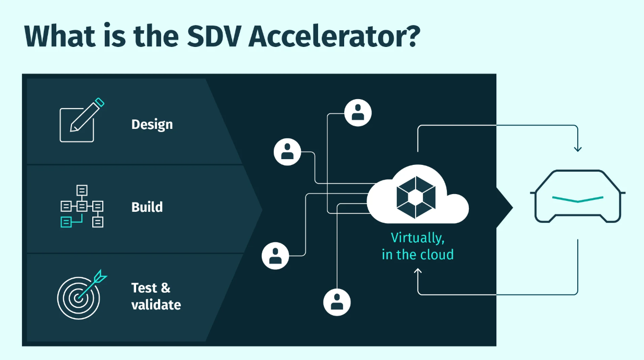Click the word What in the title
(x=60, y=36)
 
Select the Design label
(x=152, y=125)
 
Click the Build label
(x=147, y=207)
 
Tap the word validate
(x=156, y=305)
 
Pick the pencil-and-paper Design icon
(x=82, y=119)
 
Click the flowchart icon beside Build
(x=82, y=206)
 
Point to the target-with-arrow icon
(x=82, y=294)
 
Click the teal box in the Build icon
(x=66, y=222)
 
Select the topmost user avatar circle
(x=358, y=113)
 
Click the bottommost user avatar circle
(x=337, y=303)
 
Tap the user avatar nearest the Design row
(x=287, y=152)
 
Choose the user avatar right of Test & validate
(x=275, y=256)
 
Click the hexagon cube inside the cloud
(x=416, y=197)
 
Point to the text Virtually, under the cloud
(x=418, y=238)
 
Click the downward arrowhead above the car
(x=578, y=149)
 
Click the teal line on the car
(x=578, y=199)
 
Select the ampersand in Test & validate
(x=166, y=288)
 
